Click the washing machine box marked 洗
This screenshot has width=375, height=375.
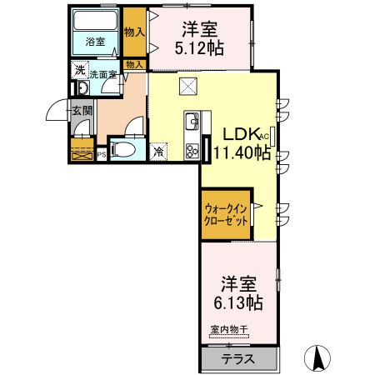(79, 70)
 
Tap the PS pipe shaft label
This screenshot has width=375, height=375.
(102, 153)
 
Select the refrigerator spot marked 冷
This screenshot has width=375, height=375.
(158, 152)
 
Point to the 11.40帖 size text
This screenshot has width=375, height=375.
(242, 152)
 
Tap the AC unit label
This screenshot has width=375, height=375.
(265, 135)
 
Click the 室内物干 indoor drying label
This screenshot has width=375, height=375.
(227, 330)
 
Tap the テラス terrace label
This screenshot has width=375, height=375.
(238, 359)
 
